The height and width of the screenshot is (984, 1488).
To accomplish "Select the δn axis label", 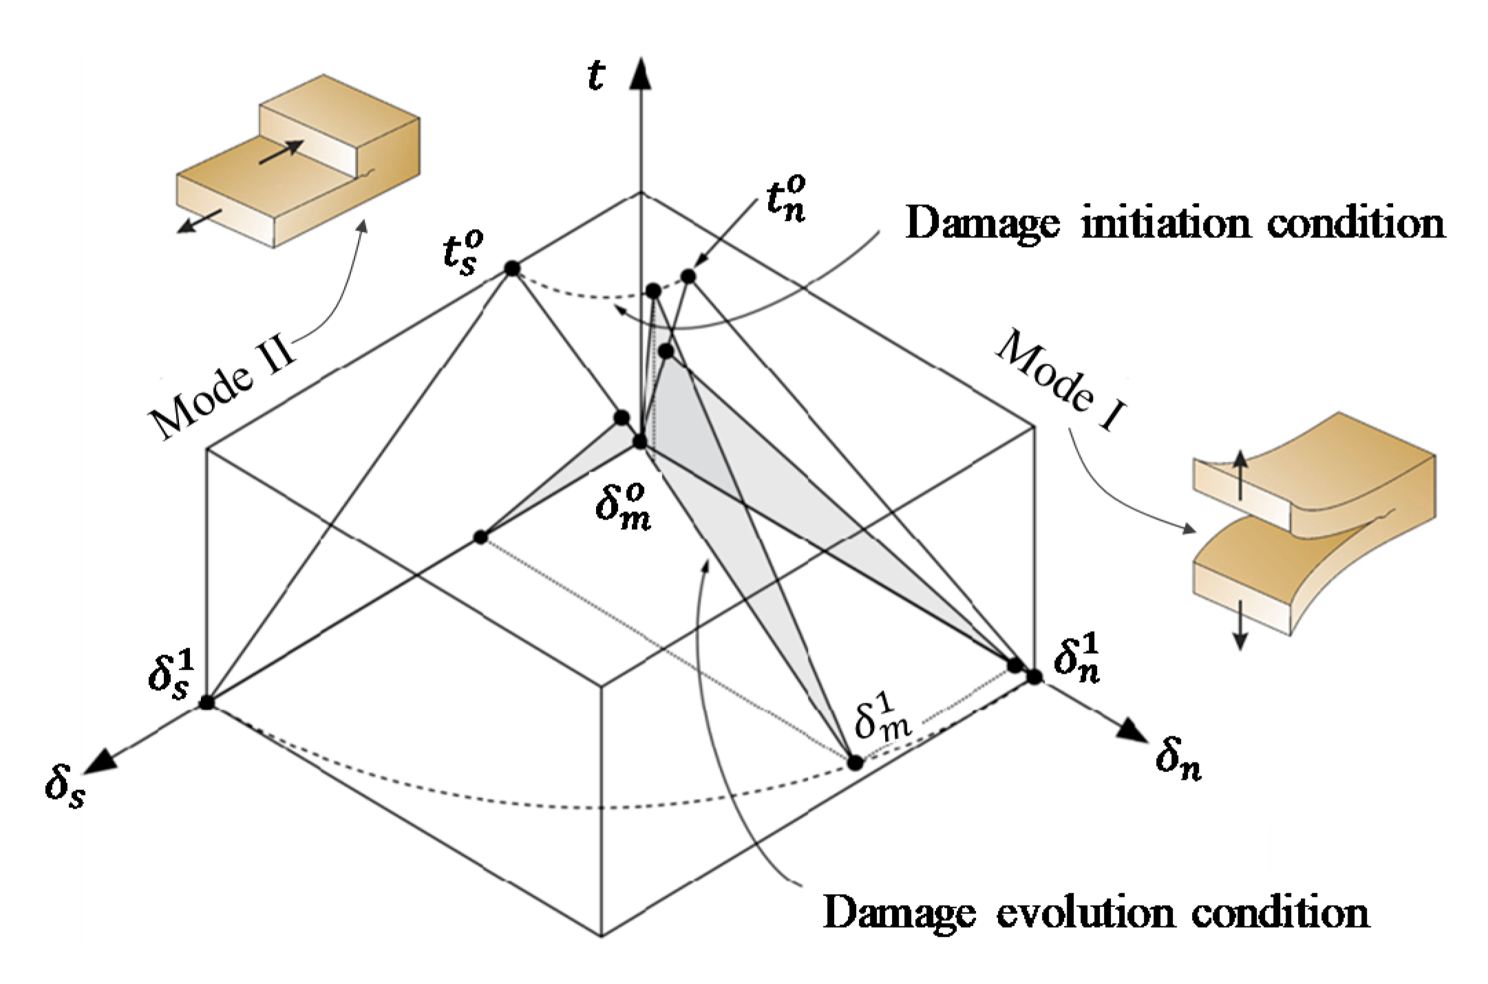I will [x=1178, y=761].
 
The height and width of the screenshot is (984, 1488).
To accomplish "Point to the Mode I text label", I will [x=1061, y=381].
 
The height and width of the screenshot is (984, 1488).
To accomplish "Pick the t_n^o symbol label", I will [x=786, y=200].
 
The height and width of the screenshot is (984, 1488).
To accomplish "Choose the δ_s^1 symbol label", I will [x=172, y=675].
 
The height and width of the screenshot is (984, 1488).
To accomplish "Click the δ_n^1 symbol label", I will [x=1077, y=659].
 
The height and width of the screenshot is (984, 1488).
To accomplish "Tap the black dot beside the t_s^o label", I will [x=511, y=268].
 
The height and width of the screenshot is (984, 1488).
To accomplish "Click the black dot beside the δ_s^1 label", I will [x=206, y=703].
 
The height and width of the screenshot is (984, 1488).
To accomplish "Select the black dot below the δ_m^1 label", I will [x=855, y=762].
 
